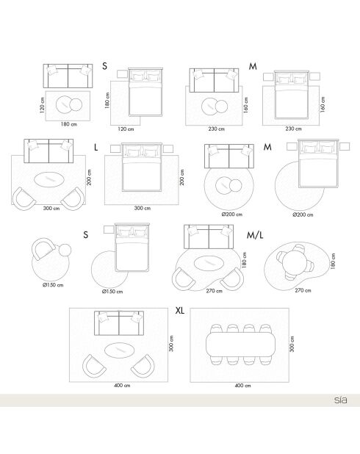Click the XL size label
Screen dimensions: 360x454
[180, 311]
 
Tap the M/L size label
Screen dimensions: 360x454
[255, 235]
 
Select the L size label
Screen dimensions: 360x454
[96, 148]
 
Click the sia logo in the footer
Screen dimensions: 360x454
[341, 400]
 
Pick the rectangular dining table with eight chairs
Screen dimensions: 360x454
[242, 345]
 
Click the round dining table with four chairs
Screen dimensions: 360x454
[295, 262]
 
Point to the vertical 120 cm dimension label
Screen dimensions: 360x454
[43, 105]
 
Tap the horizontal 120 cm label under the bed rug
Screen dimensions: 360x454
[126, 129]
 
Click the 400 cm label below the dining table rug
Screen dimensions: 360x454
[242, 386]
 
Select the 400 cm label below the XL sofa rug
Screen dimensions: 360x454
[122, 386]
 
